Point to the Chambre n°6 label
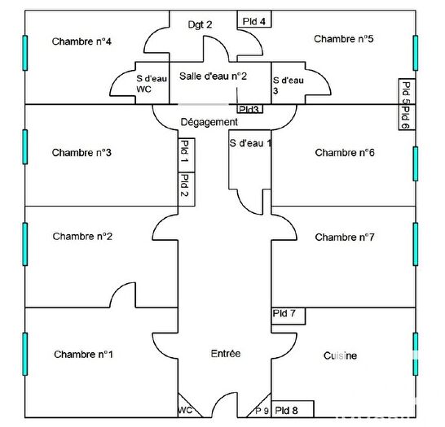tap(344, 152)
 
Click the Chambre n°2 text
tap(82, 237)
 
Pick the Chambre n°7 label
tap(344, 237)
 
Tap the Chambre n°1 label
tap(83, 354)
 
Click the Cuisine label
tap(340, 355)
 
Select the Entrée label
tap(226, 354)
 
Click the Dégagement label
tap(209, 122)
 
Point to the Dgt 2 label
tap(200, 25)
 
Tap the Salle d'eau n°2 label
tap(213, 76)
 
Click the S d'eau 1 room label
tap(250, 143)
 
